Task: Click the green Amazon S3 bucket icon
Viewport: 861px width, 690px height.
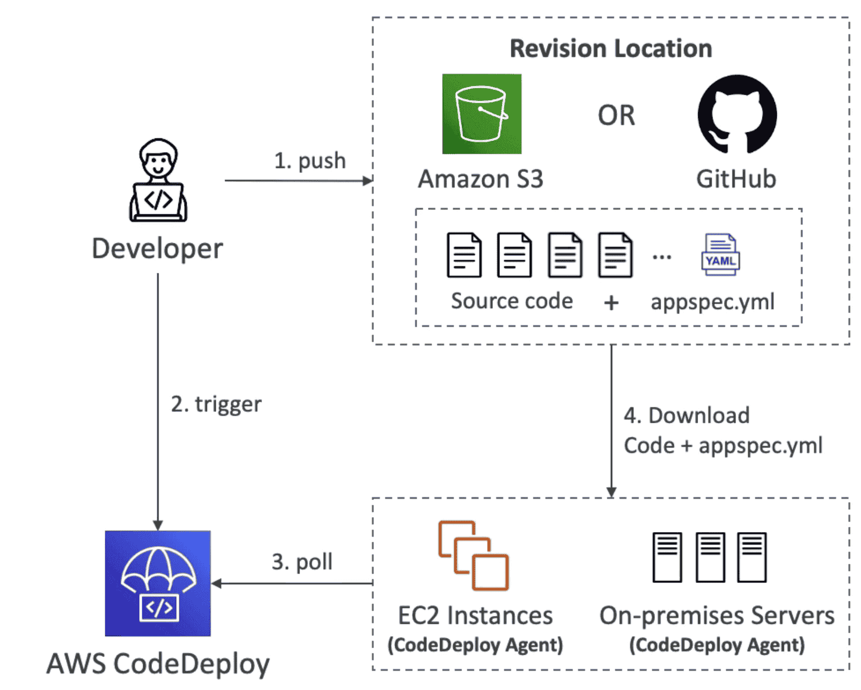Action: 482,114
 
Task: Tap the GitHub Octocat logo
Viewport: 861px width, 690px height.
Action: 737,114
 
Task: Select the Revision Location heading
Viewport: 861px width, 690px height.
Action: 611,48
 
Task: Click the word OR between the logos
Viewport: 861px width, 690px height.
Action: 617,116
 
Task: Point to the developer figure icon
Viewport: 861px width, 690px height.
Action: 159,180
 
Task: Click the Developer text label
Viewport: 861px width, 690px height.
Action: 157,249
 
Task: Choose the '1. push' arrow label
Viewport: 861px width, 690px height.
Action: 310,161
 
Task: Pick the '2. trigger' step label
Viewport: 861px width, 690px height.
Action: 216,404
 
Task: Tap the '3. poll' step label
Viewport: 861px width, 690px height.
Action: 302,562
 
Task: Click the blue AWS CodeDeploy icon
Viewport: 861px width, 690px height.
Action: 158,583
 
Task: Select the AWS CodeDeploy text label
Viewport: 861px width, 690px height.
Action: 158,664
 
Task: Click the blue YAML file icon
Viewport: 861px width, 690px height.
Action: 721,254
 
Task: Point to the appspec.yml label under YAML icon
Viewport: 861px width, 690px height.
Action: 712,301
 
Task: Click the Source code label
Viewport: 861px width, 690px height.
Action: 512,301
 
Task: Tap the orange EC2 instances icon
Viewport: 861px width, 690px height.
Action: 473,555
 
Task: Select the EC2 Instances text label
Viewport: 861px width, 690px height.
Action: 475,616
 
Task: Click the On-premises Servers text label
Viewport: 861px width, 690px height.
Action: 717,616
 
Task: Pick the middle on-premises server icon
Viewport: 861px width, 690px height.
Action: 710,557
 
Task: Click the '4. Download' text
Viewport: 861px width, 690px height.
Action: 686,416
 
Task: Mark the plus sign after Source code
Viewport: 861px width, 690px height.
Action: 611,303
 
